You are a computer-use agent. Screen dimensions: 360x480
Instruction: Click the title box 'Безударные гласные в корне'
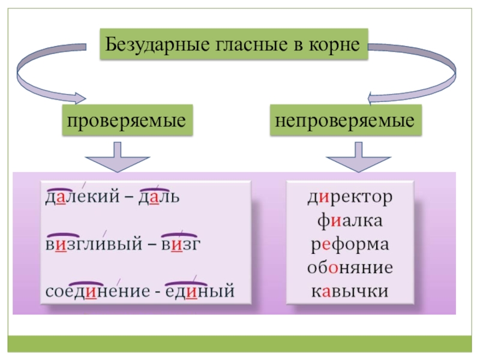tap(233, 44)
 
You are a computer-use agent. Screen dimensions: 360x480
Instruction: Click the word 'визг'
tap(180, 245)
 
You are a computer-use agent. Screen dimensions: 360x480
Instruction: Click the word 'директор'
tap(352, 197)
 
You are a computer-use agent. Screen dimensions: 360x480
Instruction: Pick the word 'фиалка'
tap(352, 221)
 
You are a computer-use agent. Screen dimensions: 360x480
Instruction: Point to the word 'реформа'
tap(352, 245)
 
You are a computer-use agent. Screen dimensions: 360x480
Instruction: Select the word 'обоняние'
tap(352, 268)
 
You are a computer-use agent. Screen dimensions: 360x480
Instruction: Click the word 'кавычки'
tap(352, 292)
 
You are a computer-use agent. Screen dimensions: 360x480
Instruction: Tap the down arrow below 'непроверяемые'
tap(355, 158)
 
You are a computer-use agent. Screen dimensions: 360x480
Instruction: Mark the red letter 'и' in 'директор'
tap(328, 197)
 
